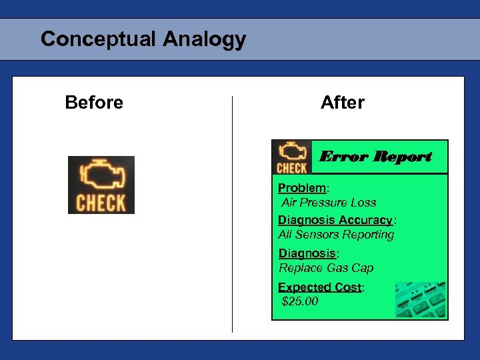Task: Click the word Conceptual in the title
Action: pos(98,39)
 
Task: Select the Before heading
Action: pos(94,103)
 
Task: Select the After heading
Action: pos(343,103)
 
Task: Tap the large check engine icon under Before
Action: pos(101,185)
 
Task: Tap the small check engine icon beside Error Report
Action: pos(292,157)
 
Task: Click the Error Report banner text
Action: pos(376,157)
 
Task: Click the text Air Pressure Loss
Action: pos(329,203)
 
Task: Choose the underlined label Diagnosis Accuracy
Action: pos(335,220)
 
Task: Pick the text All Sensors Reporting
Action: pos(336,235)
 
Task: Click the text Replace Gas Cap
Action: pos(326,268)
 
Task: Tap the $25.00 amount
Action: pos(301,302)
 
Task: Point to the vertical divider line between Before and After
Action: pos(232,213)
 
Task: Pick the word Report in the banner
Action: pos(402,157)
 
